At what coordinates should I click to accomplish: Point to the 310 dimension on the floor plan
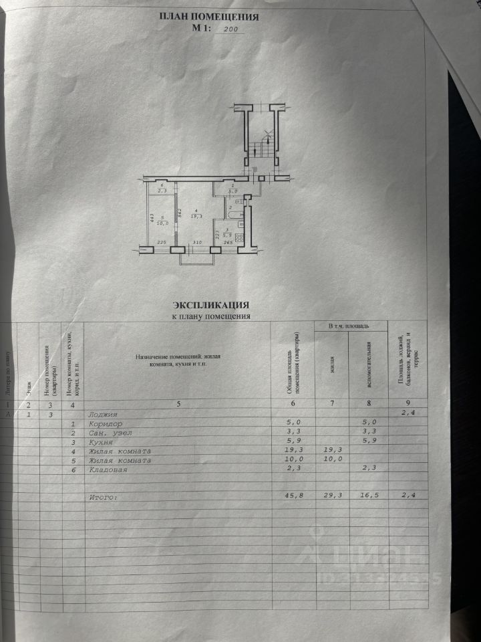[197, 243]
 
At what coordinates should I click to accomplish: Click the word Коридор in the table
[106, 424]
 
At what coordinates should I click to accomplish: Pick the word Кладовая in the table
[108, 470]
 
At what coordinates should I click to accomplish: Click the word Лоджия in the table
[103, 415]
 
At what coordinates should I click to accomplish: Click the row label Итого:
[104, 498]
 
